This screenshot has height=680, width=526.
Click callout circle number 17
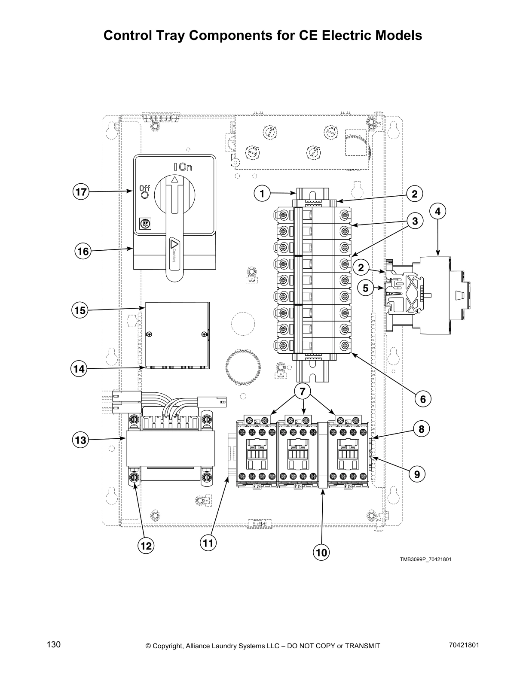tap(80, 191)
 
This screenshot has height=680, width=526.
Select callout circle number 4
tap(437, 211)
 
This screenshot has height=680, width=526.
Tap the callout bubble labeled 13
tap(80, 440)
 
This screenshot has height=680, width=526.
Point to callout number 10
tap(321, 552)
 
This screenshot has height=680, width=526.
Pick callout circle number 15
tap(80, 310)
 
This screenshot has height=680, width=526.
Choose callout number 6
tap(423, 399)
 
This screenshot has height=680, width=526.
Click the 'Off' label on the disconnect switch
tap(144, 188)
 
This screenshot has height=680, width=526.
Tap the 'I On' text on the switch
tap(183, 167)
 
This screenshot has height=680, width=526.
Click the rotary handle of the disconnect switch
tap(174, 223)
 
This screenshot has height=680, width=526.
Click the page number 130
tap(54, 645)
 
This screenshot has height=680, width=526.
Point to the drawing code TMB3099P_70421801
tap(425, 559)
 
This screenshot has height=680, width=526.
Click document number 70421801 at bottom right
tap(463, 645)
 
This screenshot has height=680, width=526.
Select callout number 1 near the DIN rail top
tap(262, 194)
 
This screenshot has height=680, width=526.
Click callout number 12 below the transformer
tap(146, 546)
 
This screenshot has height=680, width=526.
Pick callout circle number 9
tap(417, 474)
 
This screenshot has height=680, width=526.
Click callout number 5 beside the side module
tap(365, 288)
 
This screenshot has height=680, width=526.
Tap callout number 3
tap(415, 221)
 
